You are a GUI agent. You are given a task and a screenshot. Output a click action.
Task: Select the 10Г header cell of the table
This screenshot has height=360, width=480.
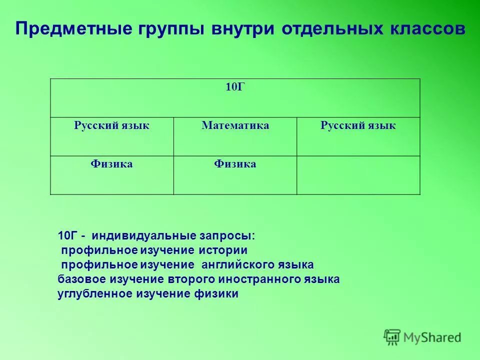point(235,98)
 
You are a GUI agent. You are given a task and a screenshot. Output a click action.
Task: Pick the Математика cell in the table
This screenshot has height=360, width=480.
point(235,136)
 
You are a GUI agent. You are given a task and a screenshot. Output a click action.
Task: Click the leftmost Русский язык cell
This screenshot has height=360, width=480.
point(112,136)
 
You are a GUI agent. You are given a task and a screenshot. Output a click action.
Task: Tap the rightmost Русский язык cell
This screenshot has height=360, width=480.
point(358,136)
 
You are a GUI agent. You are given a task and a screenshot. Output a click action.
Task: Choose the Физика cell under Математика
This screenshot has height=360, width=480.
point(235,174)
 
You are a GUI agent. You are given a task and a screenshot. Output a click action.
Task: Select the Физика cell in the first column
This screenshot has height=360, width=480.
point(112,174)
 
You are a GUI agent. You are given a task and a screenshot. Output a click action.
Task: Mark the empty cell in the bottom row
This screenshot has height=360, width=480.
point(358,174)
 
